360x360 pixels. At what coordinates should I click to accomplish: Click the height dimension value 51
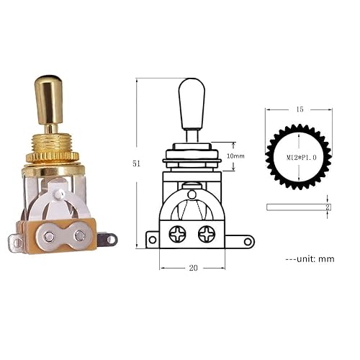pyautogui.click(x=137, y=163)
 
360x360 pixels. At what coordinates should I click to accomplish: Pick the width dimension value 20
pyautogui.click(x=193, y=267)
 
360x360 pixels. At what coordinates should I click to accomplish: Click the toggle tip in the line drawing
pyautogui.click(x=189, y=101)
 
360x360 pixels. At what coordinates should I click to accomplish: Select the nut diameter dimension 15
pyautogui.click(x=300, y=109)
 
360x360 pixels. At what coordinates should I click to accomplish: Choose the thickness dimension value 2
pyautogui.click(x=329, y=207)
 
